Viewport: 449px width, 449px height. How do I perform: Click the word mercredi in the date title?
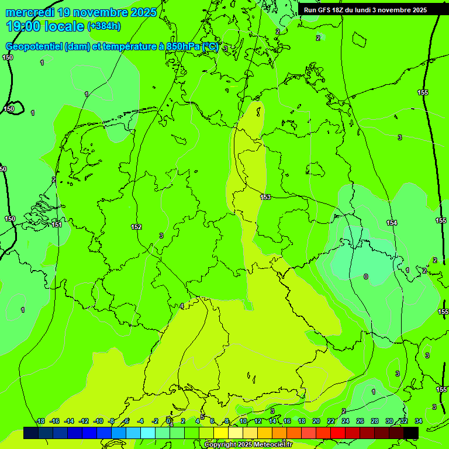point(29,12)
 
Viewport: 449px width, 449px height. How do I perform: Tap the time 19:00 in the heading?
point(23,26)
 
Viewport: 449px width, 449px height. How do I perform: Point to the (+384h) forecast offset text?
point(103,26)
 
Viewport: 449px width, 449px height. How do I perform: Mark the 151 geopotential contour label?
point(57,224)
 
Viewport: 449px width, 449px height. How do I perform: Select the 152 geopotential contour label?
point(136,227)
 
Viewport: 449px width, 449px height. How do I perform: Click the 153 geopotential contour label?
point(266,197)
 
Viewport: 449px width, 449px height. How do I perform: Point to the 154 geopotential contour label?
point(392,223)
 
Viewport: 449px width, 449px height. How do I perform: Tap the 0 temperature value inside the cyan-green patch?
point(366,277)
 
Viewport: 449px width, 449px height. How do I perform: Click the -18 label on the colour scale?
point(40,421)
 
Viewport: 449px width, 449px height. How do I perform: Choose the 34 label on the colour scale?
point(418,421)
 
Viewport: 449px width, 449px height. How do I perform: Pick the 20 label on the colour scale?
point(316,421)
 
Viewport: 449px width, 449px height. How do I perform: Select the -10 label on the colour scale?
point(98,421)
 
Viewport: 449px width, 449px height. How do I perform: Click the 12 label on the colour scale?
point(258,421)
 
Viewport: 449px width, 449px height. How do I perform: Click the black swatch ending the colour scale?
point(411,433)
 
